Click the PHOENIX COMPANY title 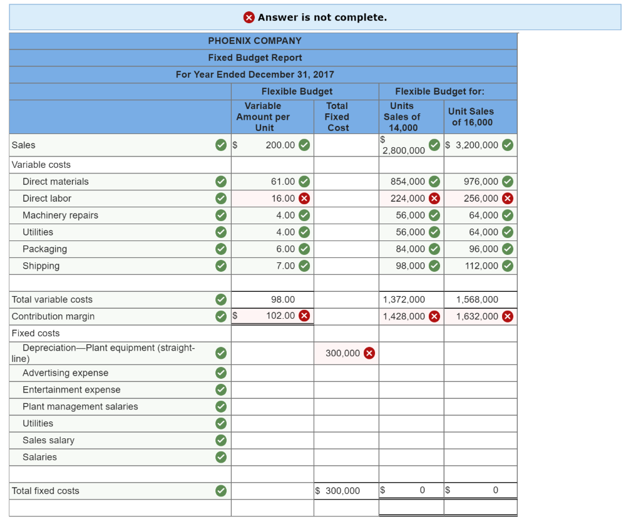coord(255,41)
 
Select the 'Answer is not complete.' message coord(322,17)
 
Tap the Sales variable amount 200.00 coord(280,145)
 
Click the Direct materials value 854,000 coord(408,182)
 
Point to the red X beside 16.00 coord(304,198)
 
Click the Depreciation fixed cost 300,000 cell coord(342,353)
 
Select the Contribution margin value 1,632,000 coord(477,316)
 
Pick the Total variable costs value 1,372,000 coord(404,299)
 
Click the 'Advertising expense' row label coord(65,373)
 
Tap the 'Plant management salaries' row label coord(80,407)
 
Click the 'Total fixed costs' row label coord(46,491)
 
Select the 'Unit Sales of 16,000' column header coord(471,116)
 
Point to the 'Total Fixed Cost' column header coord(337,116)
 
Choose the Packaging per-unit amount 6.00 coord(285,249)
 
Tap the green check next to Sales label coord(220,145)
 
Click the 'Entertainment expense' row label coord(71,390)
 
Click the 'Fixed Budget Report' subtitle coord(255,58)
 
